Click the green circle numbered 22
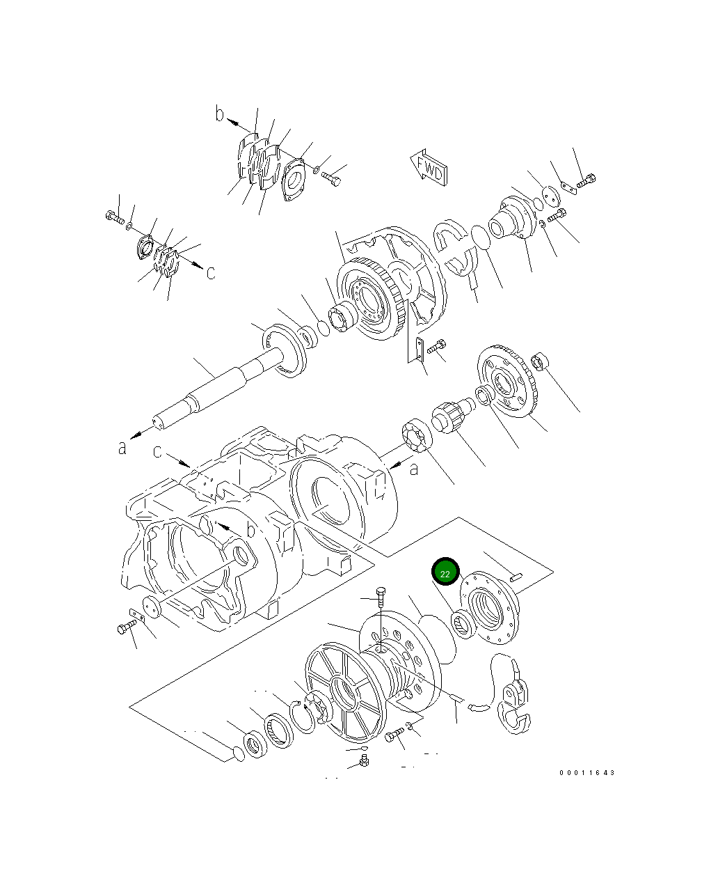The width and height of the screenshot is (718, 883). click(445, 572)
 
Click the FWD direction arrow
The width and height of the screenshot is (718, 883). click(429, 168)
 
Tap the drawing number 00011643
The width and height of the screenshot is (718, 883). click(587, 773)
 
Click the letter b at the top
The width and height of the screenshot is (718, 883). click(219, 114)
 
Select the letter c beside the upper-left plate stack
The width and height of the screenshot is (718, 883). click(211, 273)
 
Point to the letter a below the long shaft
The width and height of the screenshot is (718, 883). click(122, 448)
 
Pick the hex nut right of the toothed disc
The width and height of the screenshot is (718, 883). click(539, 361)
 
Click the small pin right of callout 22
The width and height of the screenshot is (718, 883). click(516, 577)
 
